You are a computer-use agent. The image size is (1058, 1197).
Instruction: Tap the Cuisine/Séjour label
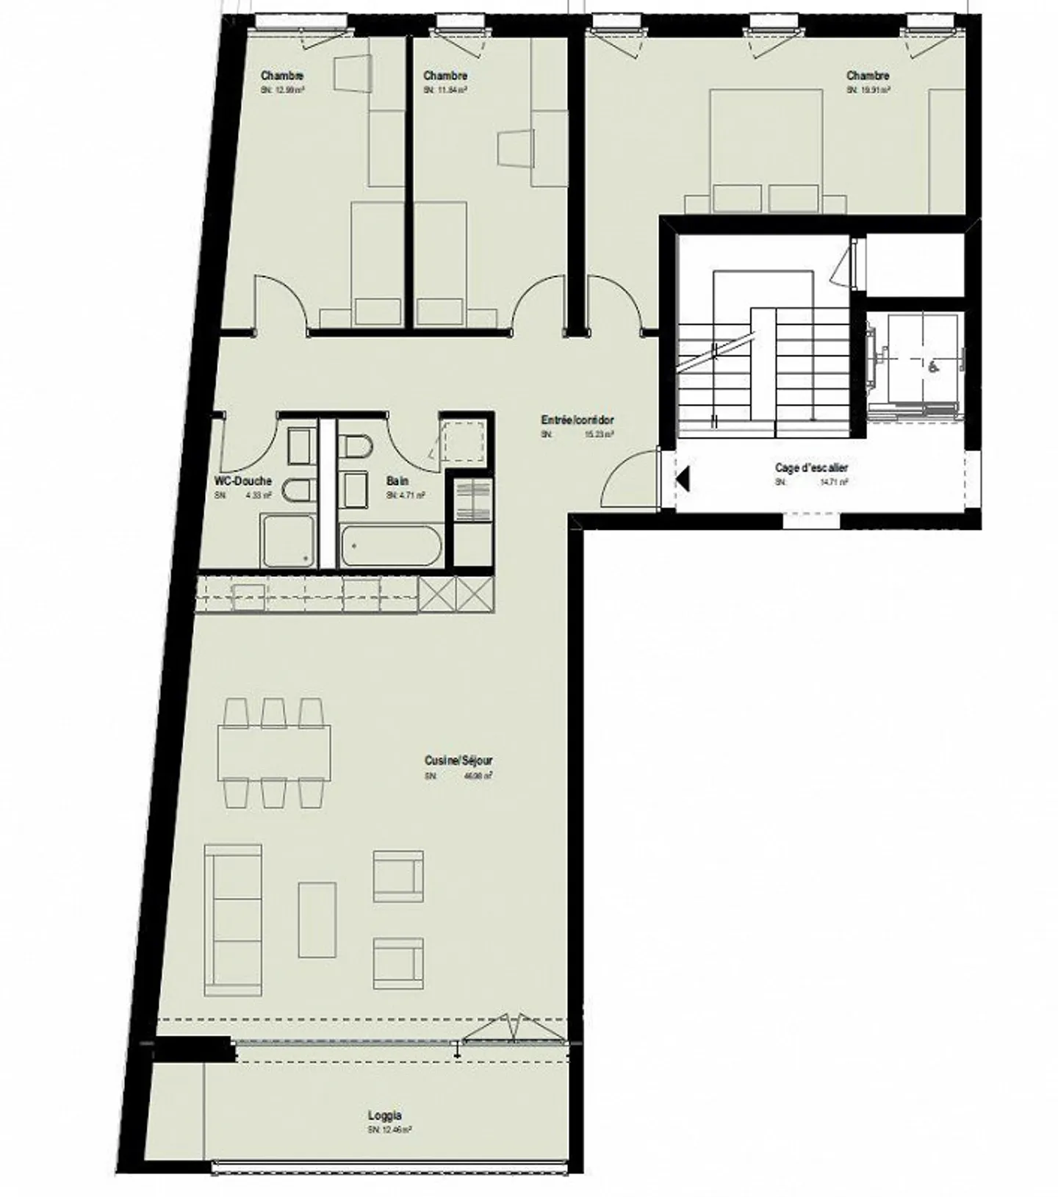458,761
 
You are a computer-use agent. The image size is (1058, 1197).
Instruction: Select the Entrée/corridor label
577,420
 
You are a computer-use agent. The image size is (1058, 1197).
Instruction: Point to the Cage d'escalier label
811,468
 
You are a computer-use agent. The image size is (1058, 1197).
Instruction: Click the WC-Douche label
242,481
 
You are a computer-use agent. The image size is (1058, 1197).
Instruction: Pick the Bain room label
397,481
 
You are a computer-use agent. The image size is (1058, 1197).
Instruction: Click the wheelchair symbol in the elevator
933,367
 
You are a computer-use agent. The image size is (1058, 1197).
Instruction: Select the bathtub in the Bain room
391,546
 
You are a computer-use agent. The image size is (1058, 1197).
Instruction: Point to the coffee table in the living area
317,919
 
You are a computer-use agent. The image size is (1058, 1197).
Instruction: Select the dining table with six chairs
273,752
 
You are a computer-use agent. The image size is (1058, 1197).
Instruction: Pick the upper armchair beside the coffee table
398,876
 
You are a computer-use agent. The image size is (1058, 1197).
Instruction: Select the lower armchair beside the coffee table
398,963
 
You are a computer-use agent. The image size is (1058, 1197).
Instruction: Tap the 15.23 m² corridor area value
599,434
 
